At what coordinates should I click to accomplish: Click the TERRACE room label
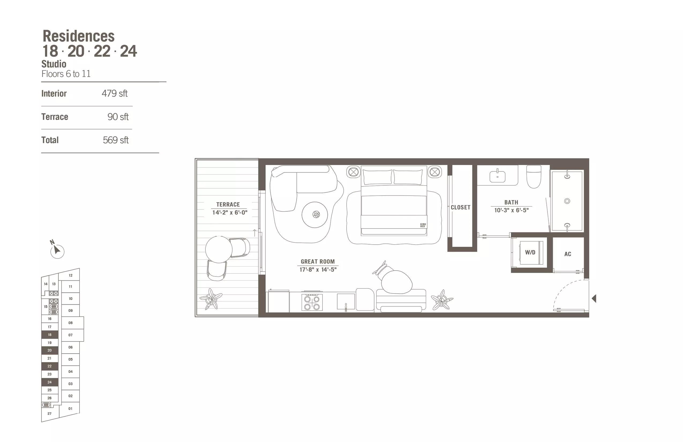pyautogui.click(x=228, y=204)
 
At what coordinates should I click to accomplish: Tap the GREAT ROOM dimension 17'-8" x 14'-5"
pyautogui.click(x=318, y=269)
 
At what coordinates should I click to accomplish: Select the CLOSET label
pyautogui.click(x=461, y=207)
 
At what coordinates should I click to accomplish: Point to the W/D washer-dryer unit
pyautogui.click(x=530, y=252)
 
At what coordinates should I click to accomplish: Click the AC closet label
pyautogui.click(x=568, y=254)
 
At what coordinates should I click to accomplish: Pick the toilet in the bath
pyautogui.click(x=534, y=177)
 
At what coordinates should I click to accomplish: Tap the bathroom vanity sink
pyautogui.click(x=497, y=175)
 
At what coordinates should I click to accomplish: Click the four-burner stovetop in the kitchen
pyautogui.click(x=312, y=302)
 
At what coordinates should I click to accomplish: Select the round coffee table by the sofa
pyautogui.click(x=315, y=215)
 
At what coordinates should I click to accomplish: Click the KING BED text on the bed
pyautogui.click(x=423, y=225)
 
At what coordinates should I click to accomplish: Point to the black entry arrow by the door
pyautogui.click(x=594, y=298)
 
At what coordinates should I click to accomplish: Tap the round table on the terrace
pyautogui.click(x=219, y=249)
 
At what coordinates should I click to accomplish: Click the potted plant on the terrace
pyautogui.click(x=211, y=299)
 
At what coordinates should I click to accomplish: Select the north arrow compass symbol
pyautogui.click(x=57, y=250)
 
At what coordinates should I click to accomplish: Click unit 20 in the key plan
pyautogui.click(x=50, y=350)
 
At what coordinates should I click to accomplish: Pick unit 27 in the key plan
pyautogui.click(x=50, y=414)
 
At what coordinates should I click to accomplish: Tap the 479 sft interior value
pyautogui.click(x=115, y=93)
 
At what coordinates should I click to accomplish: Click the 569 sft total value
pyautogui.click(x=116, y=140)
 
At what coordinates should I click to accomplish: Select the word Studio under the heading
pyautogui.click(x=54, y=64)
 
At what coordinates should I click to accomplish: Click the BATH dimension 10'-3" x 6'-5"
pyautogui.click(x=511, y=210)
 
